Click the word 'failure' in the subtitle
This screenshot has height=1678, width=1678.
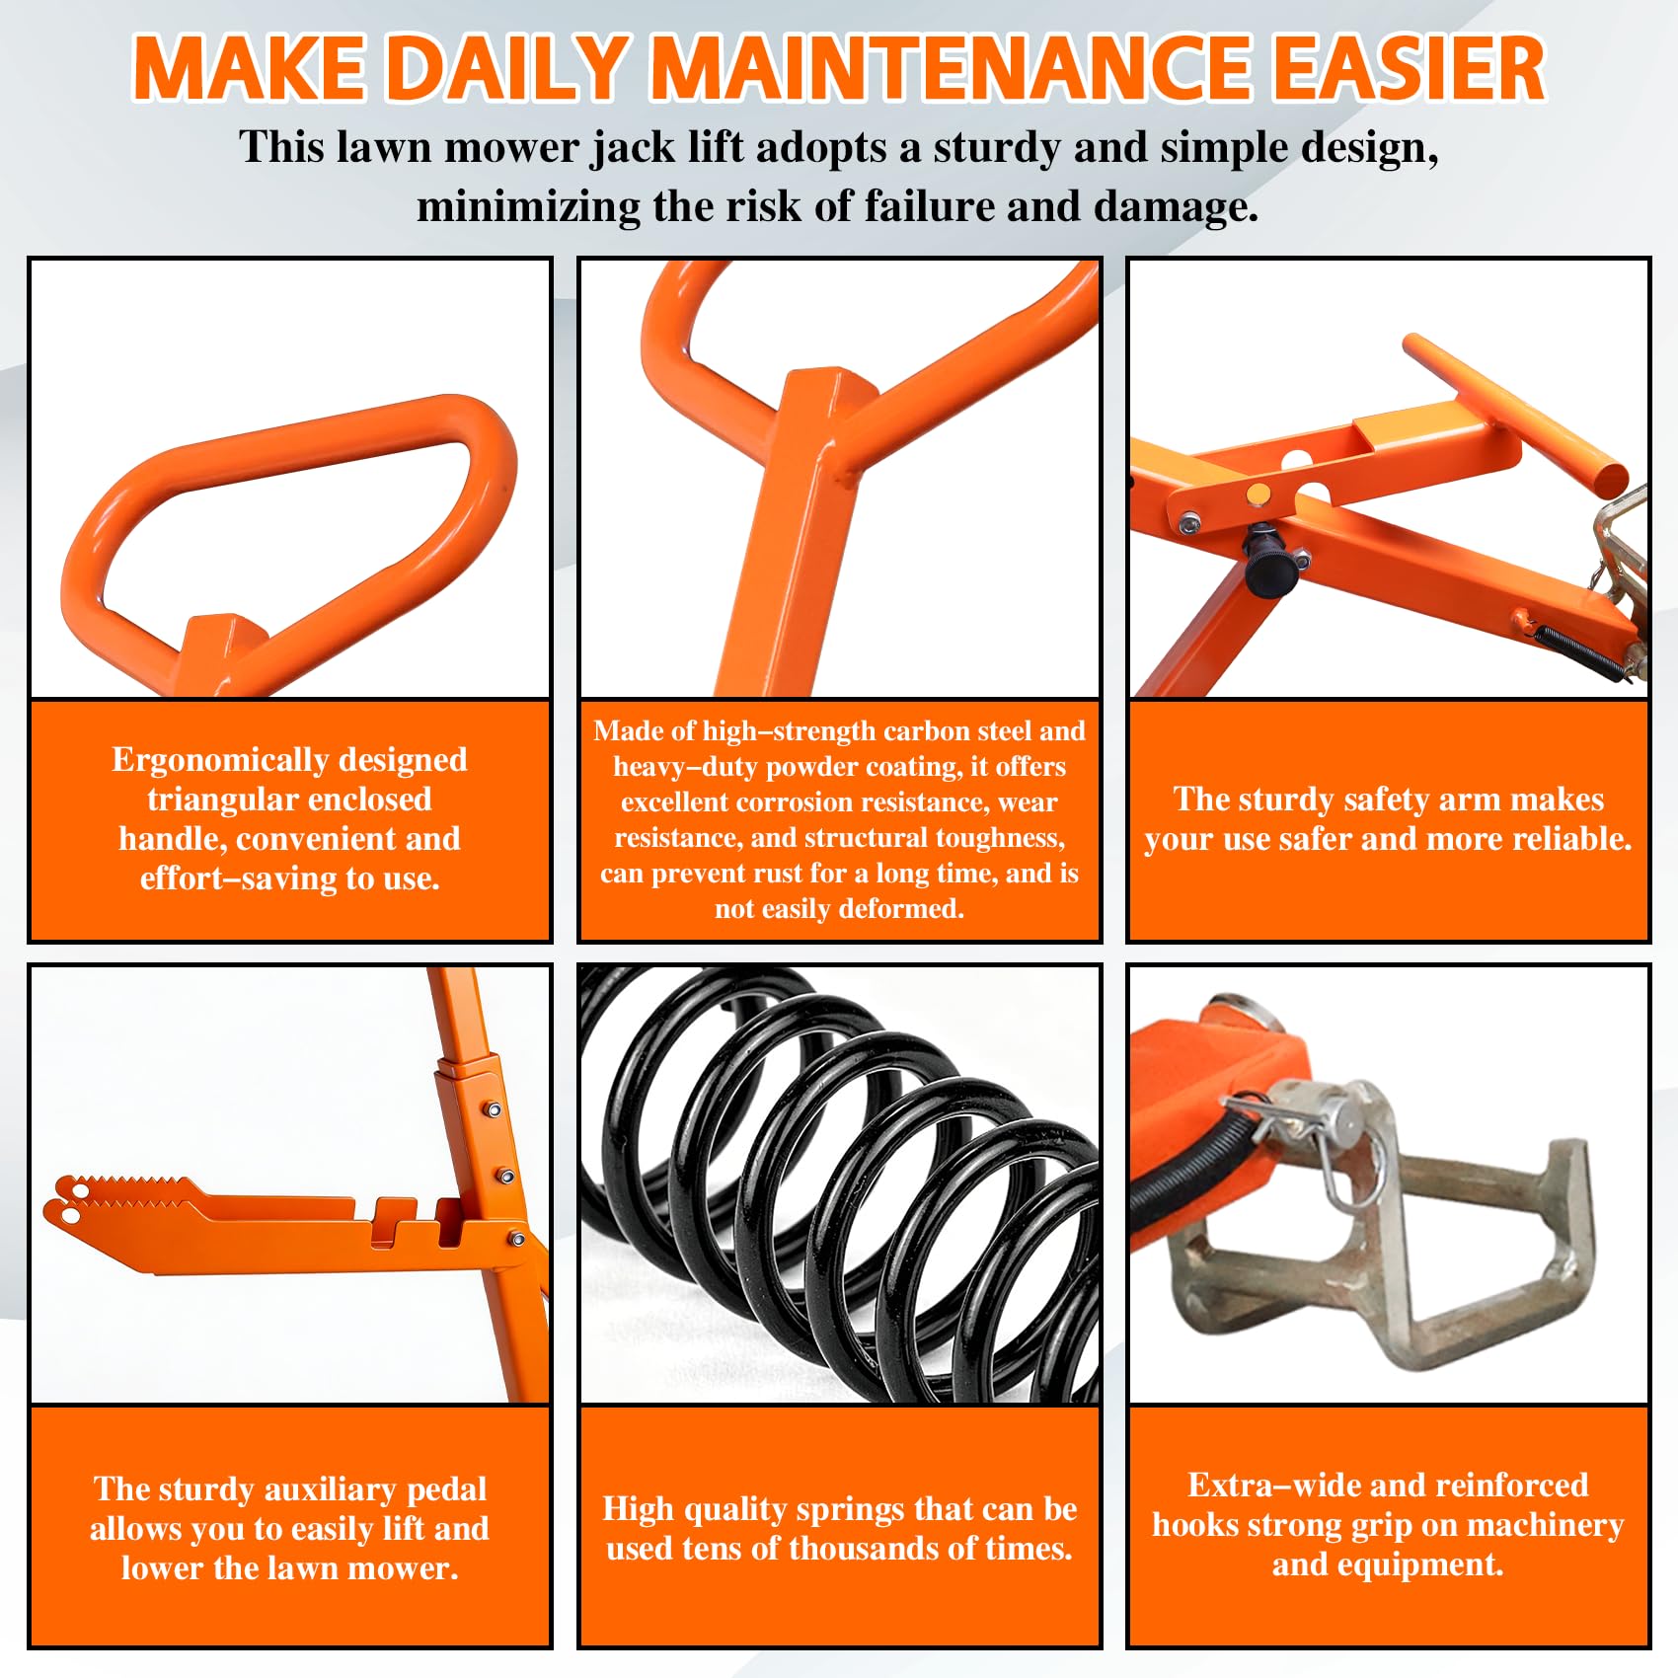[932, 207]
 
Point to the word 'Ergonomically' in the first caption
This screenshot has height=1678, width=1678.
[220, 761]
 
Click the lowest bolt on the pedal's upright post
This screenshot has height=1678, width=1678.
[516, 1239]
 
